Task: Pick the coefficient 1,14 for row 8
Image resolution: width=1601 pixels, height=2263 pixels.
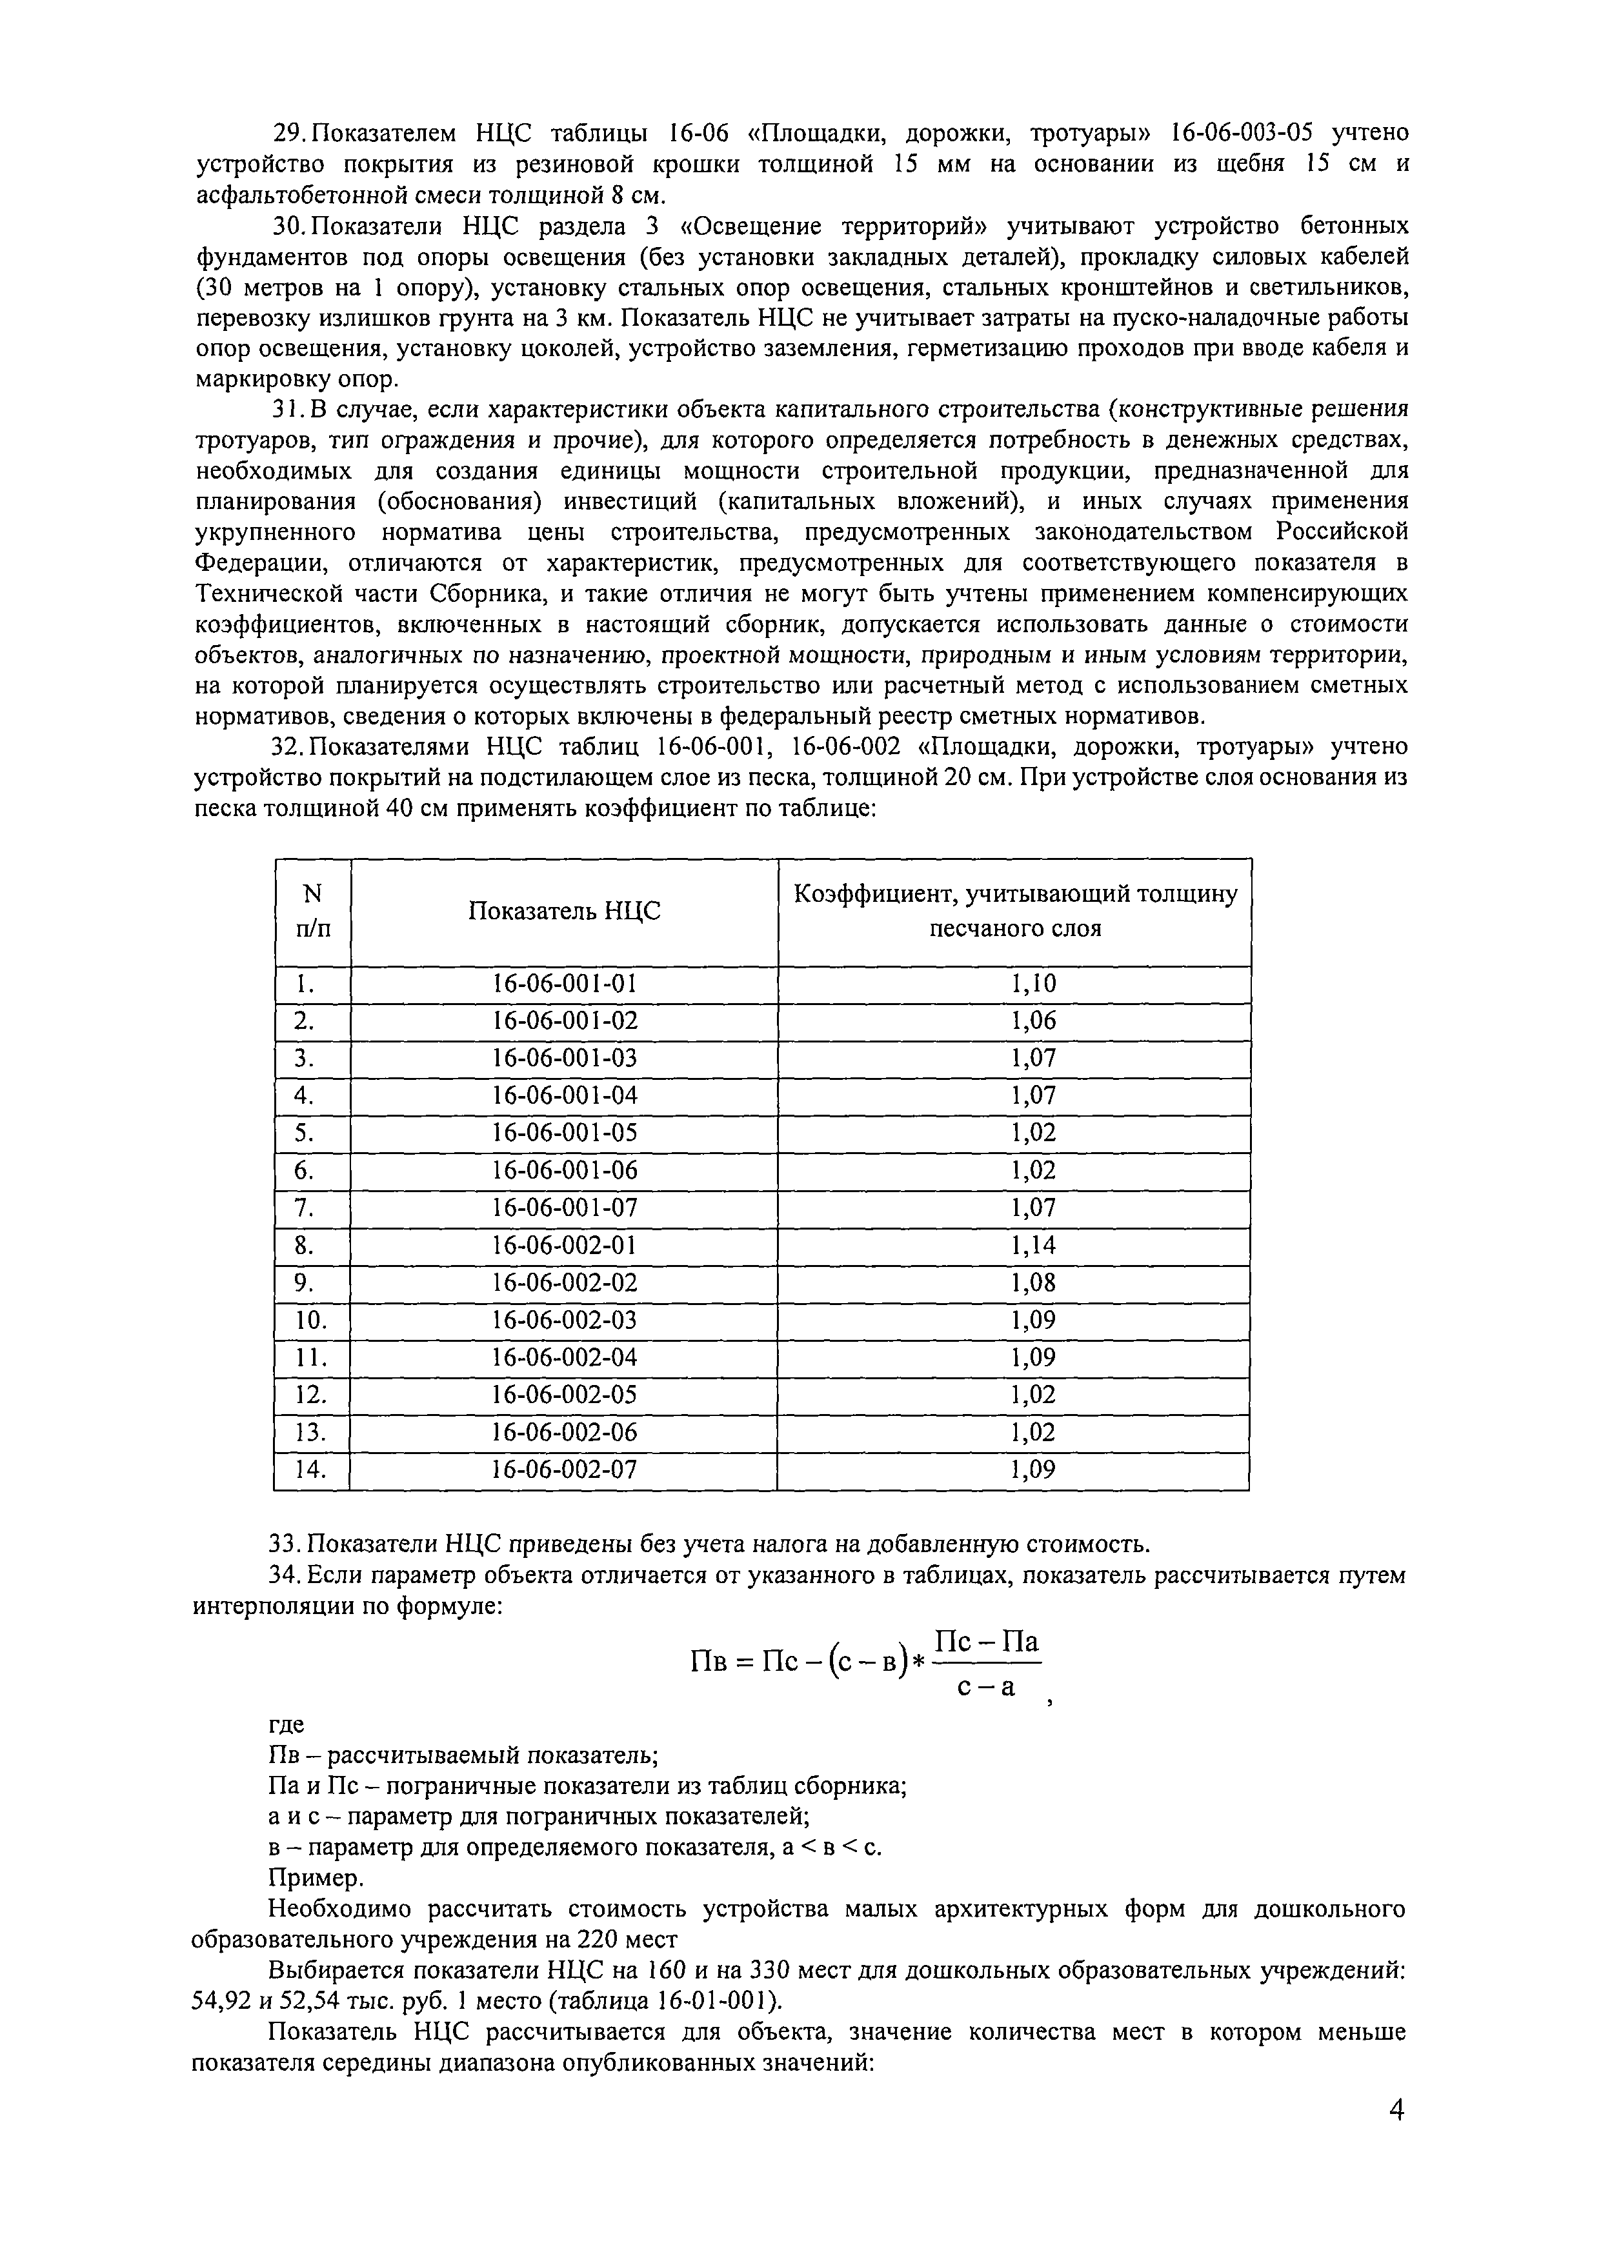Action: [x=1033, y=1246]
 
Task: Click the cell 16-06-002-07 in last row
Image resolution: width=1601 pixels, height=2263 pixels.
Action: [x=565, y=1470]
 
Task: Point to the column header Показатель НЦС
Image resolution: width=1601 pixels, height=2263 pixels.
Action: [x=564, y=911]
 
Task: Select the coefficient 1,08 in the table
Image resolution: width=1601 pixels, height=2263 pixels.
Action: [x=1033, y=1282]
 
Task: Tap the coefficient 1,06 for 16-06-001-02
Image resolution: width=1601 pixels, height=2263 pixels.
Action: [x=1033, y=1020]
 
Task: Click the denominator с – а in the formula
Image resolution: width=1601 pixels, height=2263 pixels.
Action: [x=986, y=1686]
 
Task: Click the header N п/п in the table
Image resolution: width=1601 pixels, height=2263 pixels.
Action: [x=312, y=911]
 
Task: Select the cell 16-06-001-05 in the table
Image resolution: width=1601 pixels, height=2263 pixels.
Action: [x=565, y=1133]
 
